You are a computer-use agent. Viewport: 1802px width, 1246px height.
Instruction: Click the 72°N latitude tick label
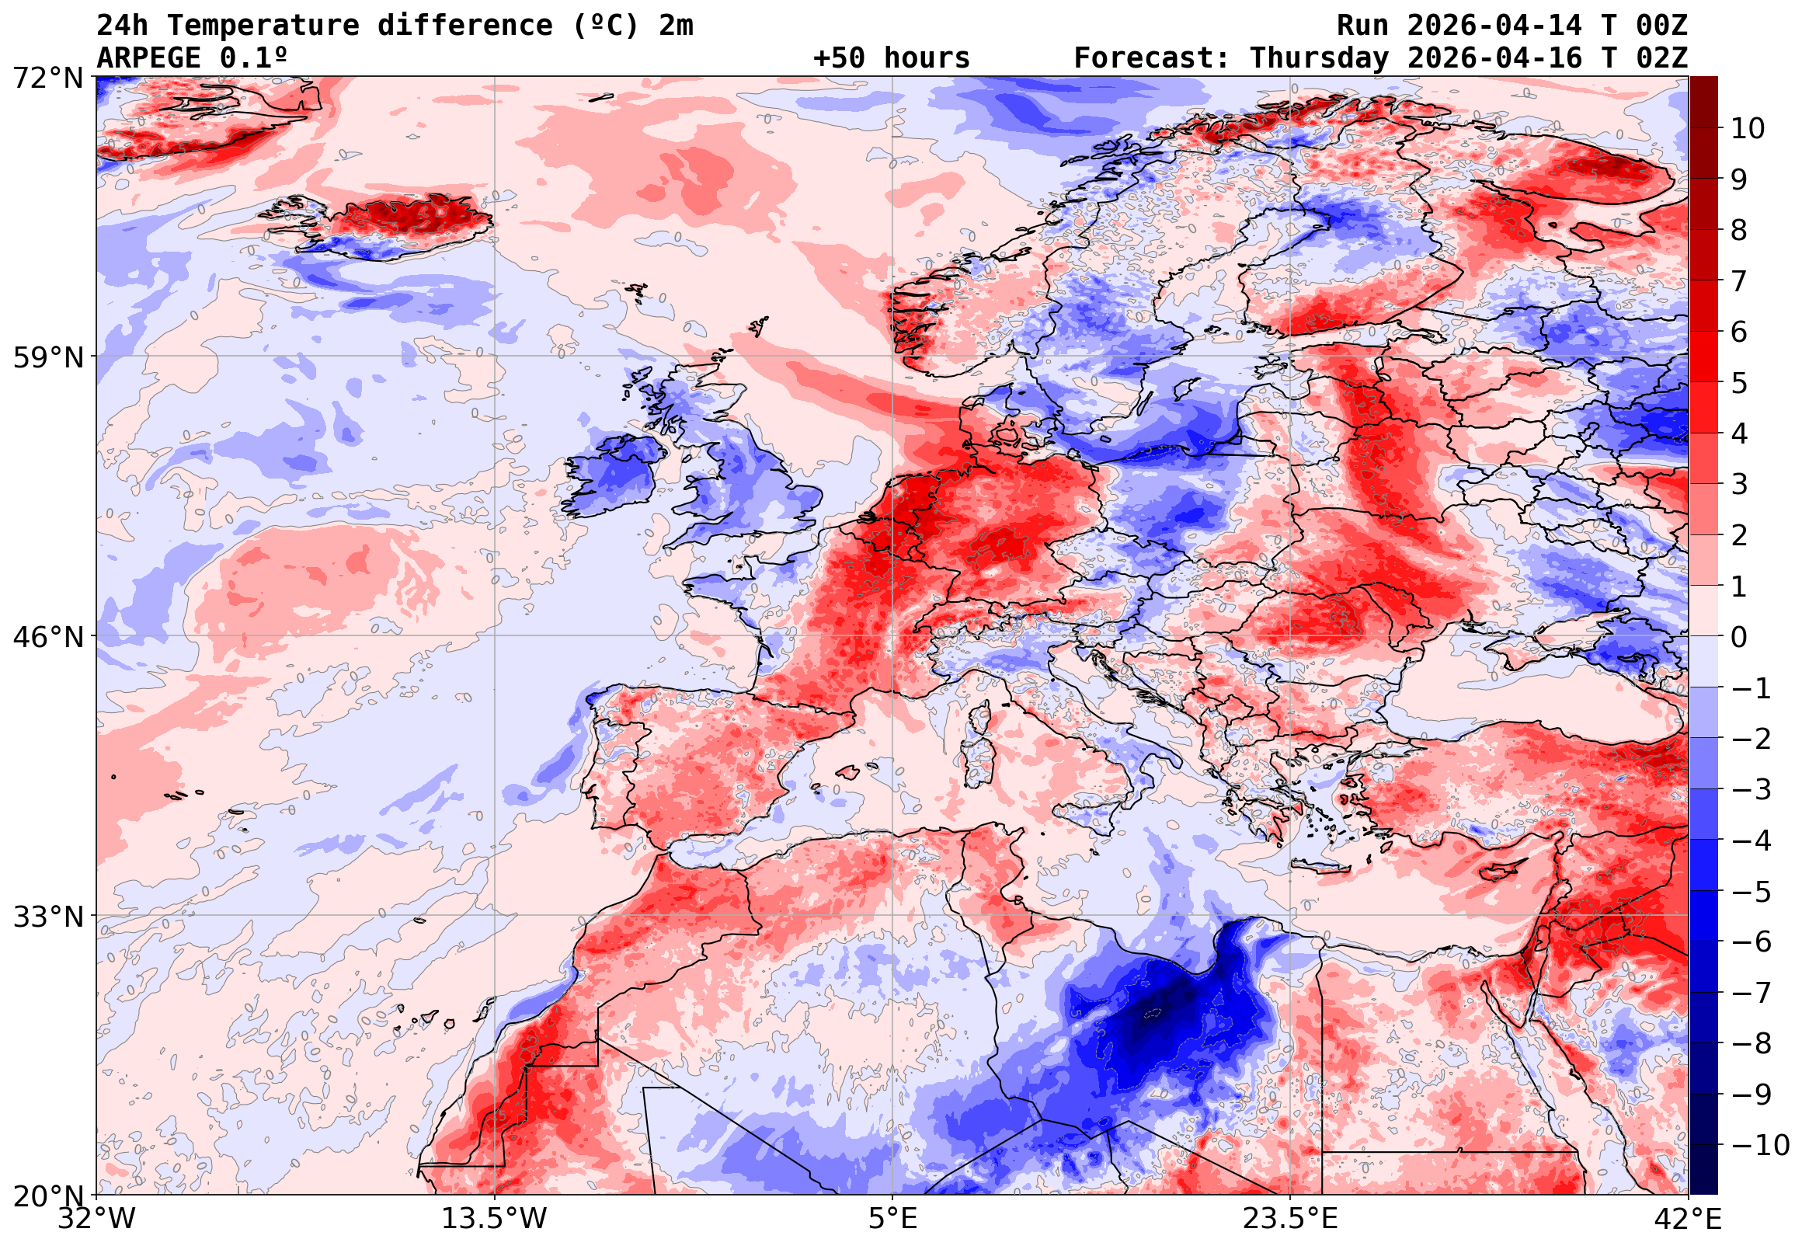click(47, 78)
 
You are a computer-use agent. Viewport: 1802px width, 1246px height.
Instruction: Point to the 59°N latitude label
click(47, 357)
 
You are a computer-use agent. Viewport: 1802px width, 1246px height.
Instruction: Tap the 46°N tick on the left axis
click(47, 637)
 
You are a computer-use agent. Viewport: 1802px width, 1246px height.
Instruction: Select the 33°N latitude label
click(47, 916)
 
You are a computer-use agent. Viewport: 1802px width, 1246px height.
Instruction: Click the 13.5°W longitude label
click(494, 1219)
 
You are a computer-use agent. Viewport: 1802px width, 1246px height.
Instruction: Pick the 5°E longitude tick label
click(892, 1219)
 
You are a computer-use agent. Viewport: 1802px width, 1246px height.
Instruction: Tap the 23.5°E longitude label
click(1289, 1219)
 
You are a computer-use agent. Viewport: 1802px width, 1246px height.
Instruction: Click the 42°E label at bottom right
click(1687, 1219)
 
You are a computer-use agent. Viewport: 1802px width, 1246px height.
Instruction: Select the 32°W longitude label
click(96, 1219)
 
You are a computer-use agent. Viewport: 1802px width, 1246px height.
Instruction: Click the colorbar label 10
click(1747, 129)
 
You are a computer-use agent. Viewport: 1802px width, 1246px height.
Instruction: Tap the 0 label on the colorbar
click(1739, 637)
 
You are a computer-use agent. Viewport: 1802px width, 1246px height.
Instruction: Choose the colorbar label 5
click(1739, 383)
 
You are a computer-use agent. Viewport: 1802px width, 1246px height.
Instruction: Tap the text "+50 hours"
click(891, 58)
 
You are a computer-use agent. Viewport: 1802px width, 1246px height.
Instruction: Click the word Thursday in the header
click(1319, 58)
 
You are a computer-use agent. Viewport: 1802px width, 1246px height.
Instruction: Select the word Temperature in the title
click(263, 26)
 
